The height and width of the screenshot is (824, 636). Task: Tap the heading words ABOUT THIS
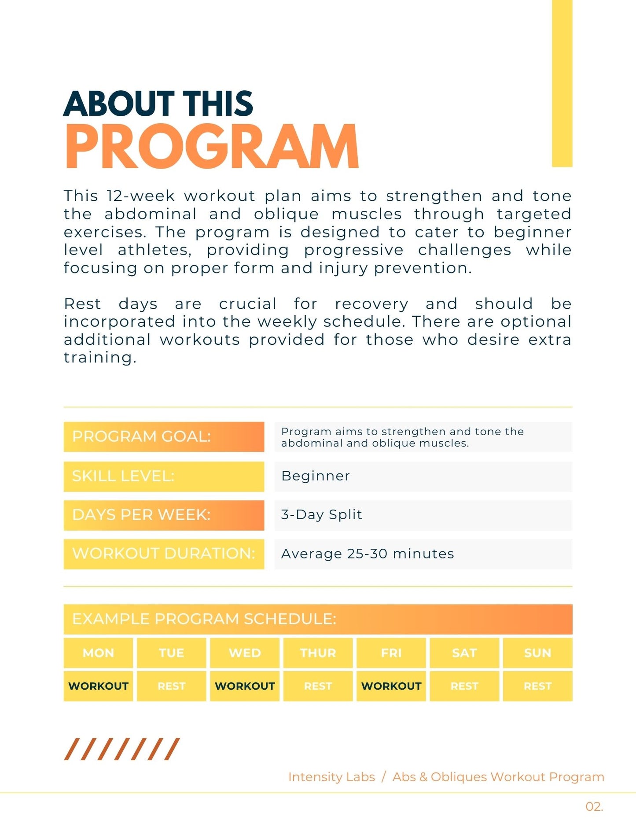158,104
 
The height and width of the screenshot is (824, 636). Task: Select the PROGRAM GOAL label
164,436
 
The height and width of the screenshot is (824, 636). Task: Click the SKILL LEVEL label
164,476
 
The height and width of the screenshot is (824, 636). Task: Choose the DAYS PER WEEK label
164,515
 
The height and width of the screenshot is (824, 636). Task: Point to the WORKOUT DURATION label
164,554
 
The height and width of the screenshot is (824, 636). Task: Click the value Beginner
316,476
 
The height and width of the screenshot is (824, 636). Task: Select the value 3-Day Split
321,515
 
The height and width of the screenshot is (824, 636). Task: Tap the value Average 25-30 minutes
368,554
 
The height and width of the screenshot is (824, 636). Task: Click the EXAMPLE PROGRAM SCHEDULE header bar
318,619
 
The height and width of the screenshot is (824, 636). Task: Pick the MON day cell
98,653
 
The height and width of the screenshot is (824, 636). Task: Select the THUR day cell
318,653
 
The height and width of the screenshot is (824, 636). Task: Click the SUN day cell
537,653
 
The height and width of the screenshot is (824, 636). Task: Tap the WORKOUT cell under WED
245,686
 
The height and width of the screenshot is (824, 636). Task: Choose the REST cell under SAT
464,686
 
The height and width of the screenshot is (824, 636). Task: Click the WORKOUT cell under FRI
391,686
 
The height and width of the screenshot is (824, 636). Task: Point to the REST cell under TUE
172,686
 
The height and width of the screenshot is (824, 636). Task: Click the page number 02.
594,806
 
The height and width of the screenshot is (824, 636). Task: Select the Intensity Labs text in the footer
331,777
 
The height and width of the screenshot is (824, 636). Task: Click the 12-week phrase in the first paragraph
140,196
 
